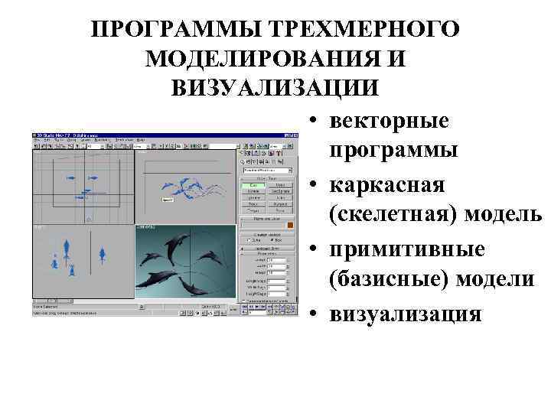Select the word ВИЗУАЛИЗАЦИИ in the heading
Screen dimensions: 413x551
tap(275, 86)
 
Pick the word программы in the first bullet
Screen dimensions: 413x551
tap(394, 150)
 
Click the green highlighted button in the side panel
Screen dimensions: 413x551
tap(253, 185)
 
